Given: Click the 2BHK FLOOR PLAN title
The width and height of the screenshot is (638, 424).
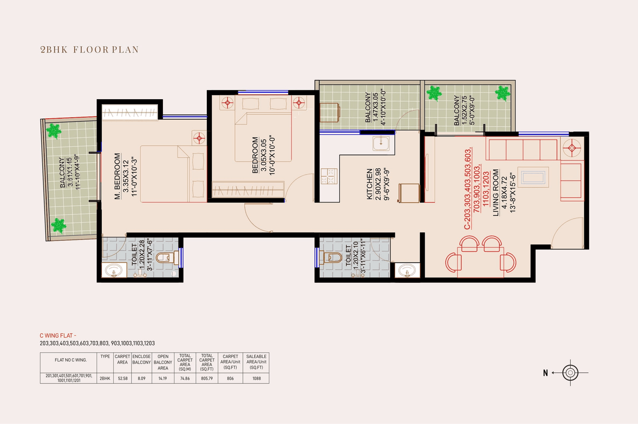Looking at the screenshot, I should coord(89,49).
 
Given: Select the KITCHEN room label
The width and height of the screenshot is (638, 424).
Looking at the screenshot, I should coord(370,184).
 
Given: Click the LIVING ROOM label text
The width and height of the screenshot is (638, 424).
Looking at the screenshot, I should coord(496,193).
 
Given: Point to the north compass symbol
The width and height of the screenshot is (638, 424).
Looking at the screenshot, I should coord(570,373).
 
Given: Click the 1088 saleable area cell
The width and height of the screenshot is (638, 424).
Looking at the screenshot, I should coord(256,378).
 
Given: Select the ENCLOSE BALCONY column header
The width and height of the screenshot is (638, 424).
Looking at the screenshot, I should coord(142,360).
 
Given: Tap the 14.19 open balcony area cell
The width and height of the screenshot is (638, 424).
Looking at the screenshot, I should coord(163,378).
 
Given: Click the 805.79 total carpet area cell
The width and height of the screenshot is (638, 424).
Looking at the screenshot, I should coord(207,378).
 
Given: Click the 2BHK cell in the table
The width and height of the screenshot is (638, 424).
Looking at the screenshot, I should coord(105,378).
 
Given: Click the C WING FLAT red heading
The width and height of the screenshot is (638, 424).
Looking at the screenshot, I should coord(59,336).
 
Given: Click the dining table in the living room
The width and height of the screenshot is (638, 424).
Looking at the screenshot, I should coord(480,260).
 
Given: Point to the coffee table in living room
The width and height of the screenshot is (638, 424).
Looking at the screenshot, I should coord(533,177).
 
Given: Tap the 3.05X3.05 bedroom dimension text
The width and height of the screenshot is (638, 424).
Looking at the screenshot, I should coord(263,155).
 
